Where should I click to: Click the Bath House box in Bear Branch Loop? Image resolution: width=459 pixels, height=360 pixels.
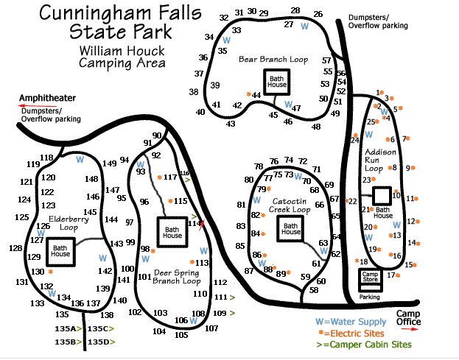276,80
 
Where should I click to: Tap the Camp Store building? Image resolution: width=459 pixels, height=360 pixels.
369,278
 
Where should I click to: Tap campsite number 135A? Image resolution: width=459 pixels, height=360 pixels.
66,328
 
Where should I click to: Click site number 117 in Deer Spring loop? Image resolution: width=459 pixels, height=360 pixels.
170,177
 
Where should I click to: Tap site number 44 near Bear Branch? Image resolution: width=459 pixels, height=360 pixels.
256,95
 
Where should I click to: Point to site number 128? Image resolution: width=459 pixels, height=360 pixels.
15,248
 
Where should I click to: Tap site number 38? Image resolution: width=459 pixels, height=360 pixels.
194,92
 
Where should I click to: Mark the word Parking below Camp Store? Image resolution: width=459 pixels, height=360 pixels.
368,297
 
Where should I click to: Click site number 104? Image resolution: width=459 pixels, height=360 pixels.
159,331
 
